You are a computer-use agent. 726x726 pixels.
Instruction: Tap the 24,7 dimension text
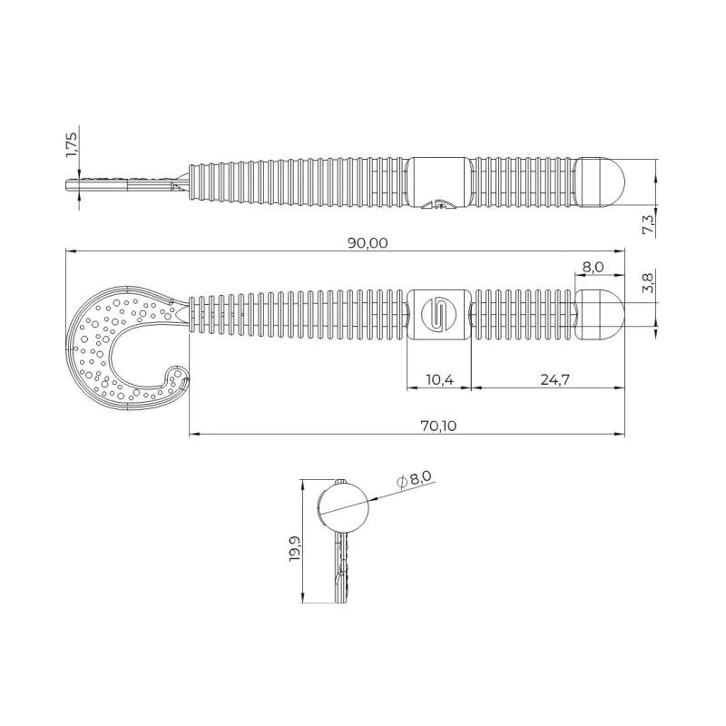(548, 379)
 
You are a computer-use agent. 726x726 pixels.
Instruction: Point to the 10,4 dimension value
(438, 379)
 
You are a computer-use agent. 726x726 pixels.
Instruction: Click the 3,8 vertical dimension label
(647, 284)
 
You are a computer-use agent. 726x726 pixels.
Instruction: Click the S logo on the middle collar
(437, 313)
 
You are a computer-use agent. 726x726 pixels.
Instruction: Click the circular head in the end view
(344, 505)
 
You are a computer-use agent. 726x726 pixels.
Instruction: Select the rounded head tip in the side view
(603, 181)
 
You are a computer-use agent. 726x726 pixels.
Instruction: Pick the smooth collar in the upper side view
(438, 179)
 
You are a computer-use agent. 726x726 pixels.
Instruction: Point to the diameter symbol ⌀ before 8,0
(400, 482)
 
